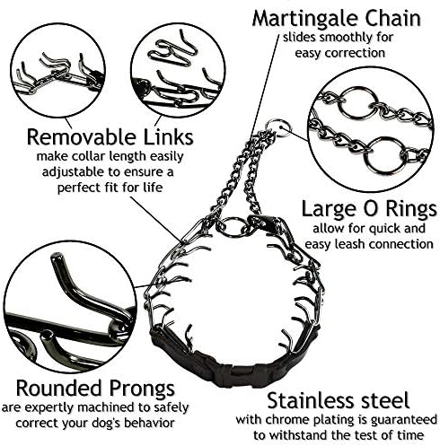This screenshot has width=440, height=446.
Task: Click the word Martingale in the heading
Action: tap(303, 20)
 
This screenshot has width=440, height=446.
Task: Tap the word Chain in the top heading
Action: tap(390, 18)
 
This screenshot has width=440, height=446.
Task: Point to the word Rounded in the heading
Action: tap(58, 388)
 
